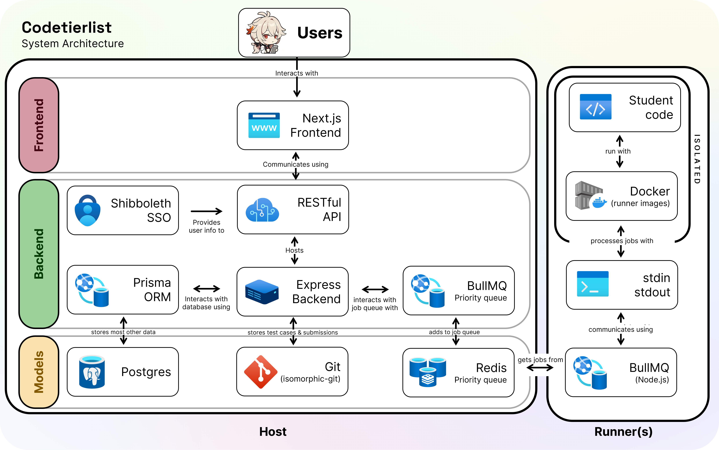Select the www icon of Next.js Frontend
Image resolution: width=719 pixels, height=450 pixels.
point(264,125)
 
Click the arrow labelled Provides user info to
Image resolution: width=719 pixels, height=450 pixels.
point(206,211)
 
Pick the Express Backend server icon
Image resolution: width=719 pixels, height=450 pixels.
point(262,292)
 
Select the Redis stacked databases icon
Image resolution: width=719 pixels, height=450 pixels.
point(428,372)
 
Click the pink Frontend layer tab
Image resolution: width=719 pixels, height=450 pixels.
point(39,125)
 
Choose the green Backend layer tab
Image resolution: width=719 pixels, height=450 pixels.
point(39,254)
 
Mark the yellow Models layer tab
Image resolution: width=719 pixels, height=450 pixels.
point(39,372)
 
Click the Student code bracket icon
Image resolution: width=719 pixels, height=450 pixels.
point(596,107)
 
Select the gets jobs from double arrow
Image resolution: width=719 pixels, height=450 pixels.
point(540,368)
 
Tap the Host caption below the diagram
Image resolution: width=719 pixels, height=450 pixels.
point(273,431)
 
